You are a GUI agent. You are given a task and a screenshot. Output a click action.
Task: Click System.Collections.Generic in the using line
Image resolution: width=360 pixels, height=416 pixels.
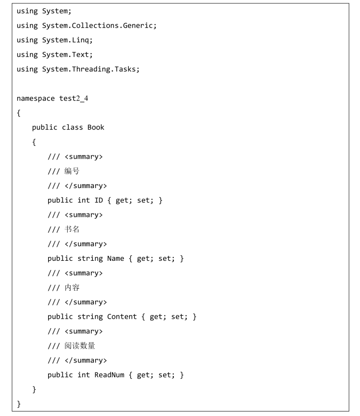(x=98, y=26)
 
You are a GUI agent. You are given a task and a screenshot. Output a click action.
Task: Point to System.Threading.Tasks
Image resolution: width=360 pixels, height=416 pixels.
(x=89, y=69)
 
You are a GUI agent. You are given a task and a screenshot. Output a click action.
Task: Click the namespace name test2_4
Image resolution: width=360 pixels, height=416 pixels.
(x=74, y=98)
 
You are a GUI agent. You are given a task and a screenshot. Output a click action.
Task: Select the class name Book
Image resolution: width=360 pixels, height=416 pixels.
(x=96, y=128)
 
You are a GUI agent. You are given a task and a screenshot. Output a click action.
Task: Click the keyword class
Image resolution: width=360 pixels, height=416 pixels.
(x=72, y=128)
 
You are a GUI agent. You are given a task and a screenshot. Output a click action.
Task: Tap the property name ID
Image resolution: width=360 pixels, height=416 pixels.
(x=99, y=200)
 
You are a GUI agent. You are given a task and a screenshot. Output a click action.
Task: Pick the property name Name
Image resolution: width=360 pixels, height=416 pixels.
(x=116, y=259)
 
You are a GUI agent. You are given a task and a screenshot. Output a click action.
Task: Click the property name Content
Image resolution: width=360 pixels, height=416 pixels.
(x=122, y=317)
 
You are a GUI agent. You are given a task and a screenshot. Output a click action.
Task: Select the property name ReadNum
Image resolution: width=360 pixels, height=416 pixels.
(x=110, y=375)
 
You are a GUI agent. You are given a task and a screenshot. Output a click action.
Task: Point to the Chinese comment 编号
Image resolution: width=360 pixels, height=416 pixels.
(x=72, y=171)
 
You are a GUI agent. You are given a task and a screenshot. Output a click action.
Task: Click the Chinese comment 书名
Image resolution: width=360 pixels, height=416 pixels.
(x=72, y=229)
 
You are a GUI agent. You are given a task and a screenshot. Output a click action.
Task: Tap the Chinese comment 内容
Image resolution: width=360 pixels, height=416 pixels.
(x=72, y=288)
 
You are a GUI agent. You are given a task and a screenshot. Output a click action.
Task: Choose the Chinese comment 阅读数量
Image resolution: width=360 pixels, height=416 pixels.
(x=80, y=346)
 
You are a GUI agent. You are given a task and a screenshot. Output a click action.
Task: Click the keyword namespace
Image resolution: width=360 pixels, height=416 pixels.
(x=35, y=99)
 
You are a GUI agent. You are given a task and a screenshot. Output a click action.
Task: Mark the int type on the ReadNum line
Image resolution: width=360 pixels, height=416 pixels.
(x=83, y=375)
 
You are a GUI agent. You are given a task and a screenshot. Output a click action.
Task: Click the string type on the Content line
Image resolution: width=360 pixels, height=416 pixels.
(x=90, y=317)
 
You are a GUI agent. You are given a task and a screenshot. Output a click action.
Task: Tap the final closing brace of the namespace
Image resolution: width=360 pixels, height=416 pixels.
(x=19, y=404)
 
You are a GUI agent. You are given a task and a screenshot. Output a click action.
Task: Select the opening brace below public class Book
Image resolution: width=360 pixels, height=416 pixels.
(x=34, y=142)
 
